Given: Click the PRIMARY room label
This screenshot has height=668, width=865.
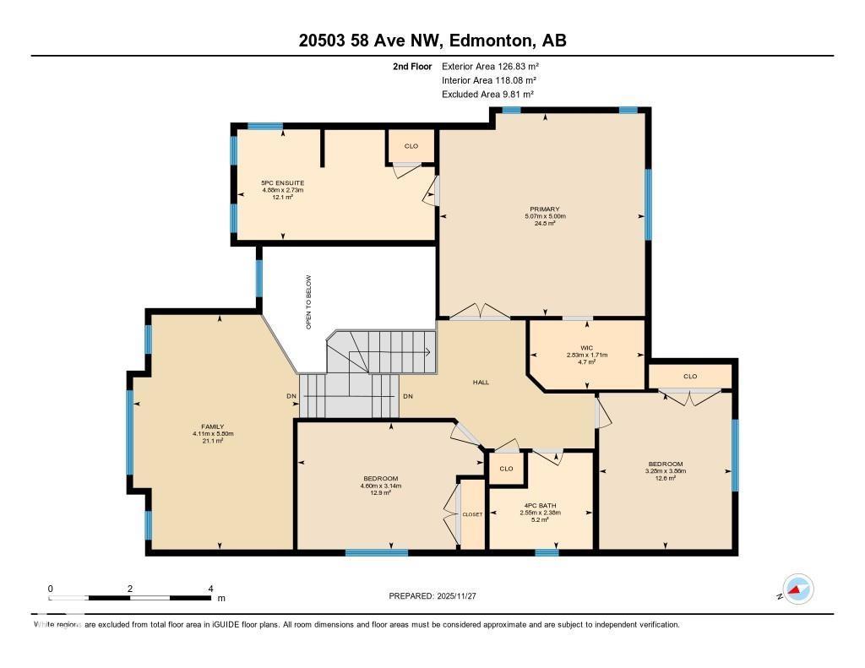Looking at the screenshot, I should click(544, 209).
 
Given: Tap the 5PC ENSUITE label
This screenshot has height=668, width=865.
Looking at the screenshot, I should click(282, 182).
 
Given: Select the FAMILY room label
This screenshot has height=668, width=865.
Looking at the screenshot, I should click(212, 426).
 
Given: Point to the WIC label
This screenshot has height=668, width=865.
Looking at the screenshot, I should click(586, 347).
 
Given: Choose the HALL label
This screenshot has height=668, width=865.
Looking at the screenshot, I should click(481, 383).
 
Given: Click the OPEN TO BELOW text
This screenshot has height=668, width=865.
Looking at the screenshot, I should click(308, 301).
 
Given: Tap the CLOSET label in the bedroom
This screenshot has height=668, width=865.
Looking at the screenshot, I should click(472, 514).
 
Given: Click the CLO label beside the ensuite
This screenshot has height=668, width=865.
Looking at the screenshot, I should click(411, 146).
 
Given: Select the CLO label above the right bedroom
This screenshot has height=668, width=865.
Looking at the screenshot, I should click(690, 376).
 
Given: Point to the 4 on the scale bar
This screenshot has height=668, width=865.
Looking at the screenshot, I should click(210, 589).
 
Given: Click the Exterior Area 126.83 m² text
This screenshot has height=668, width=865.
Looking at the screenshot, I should click(490, 66).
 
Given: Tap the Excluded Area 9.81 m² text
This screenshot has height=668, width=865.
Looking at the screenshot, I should click(487, 95).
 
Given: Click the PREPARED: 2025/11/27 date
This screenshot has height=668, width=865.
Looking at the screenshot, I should click(433, 596).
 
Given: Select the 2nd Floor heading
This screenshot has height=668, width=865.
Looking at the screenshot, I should click(412, 66).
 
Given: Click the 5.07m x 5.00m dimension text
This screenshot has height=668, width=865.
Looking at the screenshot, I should click(544, 216).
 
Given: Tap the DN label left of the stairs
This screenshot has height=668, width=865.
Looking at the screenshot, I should click(291, 396).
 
